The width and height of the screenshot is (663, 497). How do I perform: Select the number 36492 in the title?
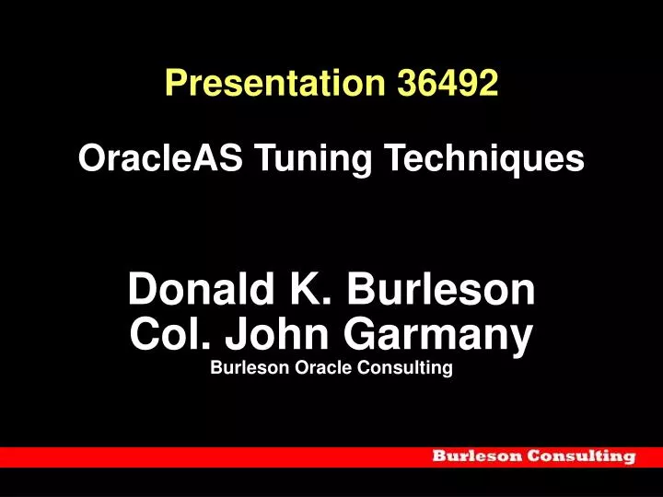point(448,84)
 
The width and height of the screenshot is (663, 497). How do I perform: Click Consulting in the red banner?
point(583,456)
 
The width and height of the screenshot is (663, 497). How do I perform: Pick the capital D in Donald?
point(143,291)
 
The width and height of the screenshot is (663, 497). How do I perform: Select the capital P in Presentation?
point(175,84)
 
